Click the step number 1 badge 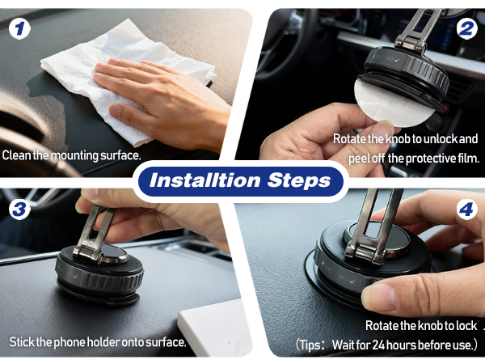click(19, 29)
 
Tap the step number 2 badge click(466, 29)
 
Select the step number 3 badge click(19, 209)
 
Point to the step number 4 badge click(466, 210)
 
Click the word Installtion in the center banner click(205, 180)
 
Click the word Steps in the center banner click(299, 180)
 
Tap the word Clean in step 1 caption click(17, 155)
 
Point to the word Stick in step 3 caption click(22, 342)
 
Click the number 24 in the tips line click(378, 345)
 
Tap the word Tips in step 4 click(310, 345)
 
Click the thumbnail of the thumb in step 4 click(380, 298)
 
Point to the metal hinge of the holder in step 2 click(411, 44)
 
